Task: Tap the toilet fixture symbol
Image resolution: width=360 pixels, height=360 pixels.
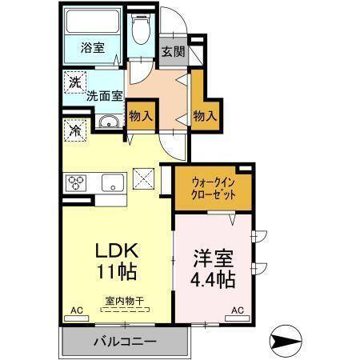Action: [x=141, y=30]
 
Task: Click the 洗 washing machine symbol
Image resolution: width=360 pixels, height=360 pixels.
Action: [x=74, y=82]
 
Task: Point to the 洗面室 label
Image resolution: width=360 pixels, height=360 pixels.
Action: [x=105, y=95]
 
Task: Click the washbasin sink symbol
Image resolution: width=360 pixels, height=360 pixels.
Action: [x=109, y=122]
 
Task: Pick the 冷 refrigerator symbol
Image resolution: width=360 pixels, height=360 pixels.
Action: [x=74, y=129]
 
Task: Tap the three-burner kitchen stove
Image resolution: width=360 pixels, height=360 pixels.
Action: [x=77, y=182]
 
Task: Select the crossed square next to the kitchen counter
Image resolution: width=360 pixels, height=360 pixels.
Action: [x=142, y=176]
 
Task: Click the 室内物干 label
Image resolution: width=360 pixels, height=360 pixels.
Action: [x=123, y=302]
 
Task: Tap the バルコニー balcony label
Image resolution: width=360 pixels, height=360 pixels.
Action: [x=125, y=341]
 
